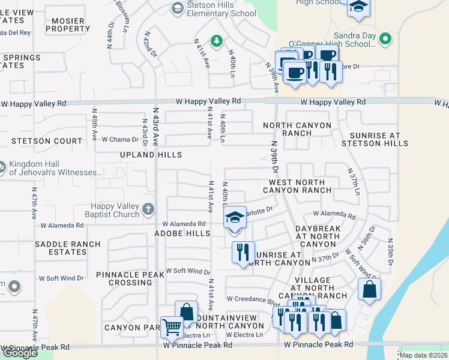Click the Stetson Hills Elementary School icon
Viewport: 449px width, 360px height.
click(177, 8)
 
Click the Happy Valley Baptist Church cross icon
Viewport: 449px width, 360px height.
click(148, 210)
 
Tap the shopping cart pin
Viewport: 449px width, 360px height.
click(172, 328)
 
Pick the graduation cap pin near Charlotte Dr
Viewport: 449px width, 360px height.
click(235, 217)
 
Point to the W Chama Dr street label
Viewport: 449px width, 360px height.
click(120, 139)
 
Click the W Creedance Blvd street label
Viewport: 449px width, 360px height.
click(253, 299)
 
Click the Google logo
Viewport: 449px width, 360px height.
click(20, 353)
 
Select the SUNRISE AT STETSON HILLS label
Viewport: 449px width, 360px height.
click(375, 139)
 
